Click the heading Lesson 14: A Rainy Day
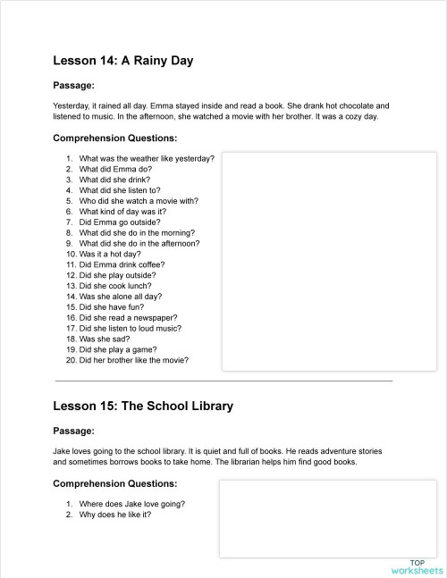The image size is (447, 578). point(123,61)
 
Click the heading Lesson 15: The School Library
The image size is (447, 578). point(143,406)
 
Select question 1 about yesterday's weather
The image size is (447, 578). point(146,158)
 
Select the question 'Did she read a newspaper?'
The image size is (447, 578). point(132,318)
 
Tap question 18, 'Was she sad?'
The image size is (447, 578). point(113,339)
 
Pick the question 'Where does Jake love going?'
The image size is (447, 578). point(131,504)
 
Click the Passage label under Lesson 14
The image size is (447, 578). point(74,86)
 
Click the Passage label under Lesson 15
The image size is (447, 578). point(74,431)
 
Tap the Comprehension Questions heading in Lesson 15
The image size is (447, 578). point(115,483)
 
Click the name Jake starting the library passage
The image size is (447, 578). point(62,452)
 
